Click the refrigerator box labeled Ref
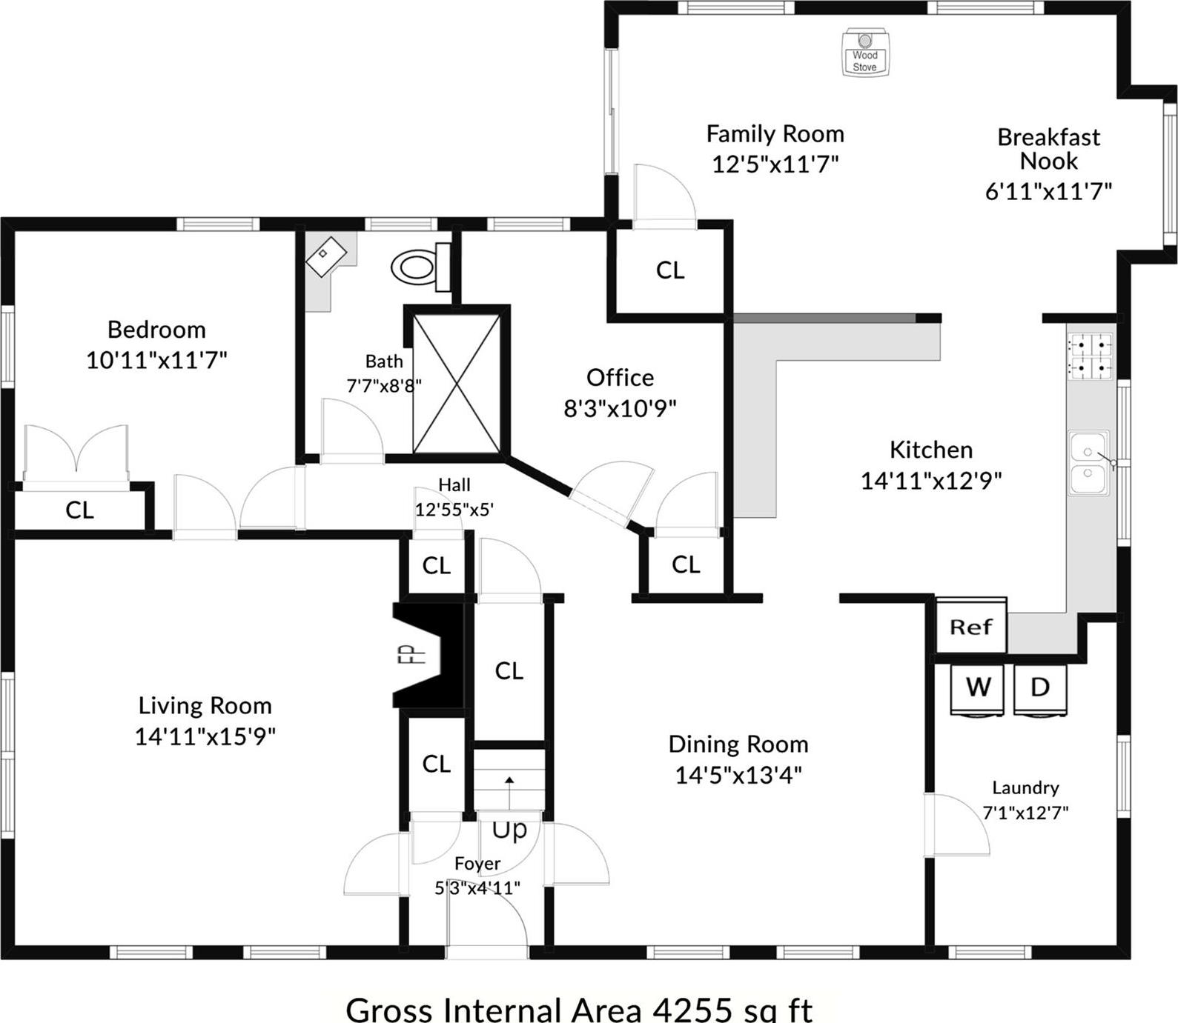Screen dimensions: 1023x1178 (970, 627)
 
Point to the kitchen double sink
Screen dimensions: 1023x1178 (1089, 463)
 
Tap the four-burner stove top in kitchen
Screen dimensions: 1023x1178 (1090, 356)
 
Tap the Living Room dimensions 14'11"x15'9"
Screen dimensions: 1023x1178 (205, 737)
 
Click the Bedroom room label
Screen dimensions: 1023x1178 (156, 330)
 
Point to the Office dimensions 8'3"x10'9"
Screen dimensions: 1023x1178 (620, 408)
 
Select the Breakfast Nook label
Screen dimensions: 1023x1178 (1048, 149)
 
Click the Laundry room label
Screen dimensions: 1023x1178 (1025, 788)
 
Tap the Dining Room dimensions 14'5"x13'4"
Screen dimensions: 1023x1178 (738, 776)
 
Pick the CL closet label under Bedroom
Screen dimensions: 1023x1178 (79, 510)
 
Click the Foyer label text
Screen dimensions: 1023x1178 (477, 864)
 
